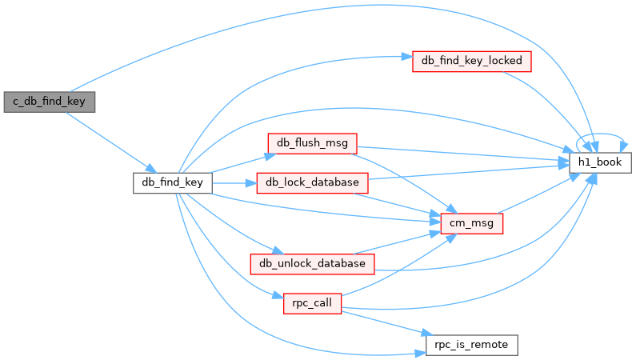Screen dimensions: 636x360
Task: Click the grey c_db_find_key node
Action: click(x=50, y=102)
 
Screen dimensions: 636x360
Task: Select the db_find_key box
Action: click(x=172, y=183)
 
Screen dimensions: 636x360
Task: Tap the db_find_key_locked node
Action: click(x=472, y=62)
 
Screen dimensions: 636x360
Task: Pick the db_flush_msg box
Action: click(x=312, y=143)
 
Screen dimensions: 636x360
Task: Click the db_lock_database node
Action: click(x=312, y=183)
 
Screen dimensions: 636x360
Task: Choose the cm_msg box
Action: click(x=472, y=223)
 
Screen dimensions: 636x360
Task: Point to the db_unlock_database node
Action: click(x=312, y=264)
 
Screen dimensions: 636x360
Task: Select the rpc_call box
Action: click(x=312, y=304)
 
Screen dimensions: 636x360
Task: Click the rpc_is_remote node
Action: click(x=472, y=345)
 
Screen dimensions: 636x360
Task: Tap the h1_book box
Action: click(x=600, y=162)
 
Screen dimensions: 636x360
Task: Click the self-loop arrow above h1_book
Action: click(x=600, y=134)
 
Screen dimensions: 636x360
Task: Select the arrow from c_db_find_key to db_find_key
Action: click(x=110, y=142)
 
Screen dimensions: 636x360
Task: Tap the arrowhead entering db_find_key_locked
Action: click(x=407, y=57)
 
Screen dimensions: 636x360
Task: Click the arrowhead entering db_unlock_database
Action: click(x=278, y=250)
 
